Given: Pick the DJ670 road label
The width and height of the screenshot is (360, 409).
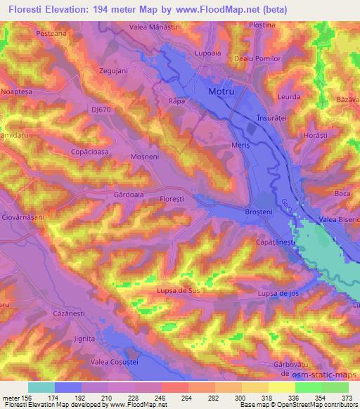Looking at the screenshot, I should coord(102,110).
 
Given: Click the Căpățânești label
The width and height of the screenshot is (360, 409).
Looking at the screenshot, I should coord(275,241).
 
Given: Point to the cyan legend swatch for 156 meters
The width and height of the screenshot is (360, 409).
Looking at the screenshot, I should coord(41,387).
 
